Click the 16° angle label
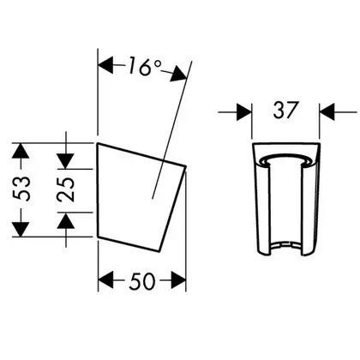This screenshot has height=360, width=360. (145, 66)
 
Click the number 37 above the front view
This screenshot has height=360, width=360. (286, 110)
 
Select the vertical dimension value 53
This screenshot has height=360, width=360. (21, 189)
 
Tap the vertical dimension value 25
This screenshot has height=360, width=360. (66, 189)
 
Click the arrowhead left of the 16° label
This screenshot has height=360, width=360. (105, 65)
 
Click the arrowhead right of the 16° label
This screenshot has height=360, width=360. (178, 74)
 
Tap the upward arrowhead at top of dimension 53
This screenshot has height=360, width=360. (21, 151)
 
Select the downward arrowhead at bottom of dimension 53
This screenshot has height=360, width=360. (21, 229)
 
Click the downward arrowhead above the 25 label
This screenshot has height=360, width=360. (66, 161)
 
